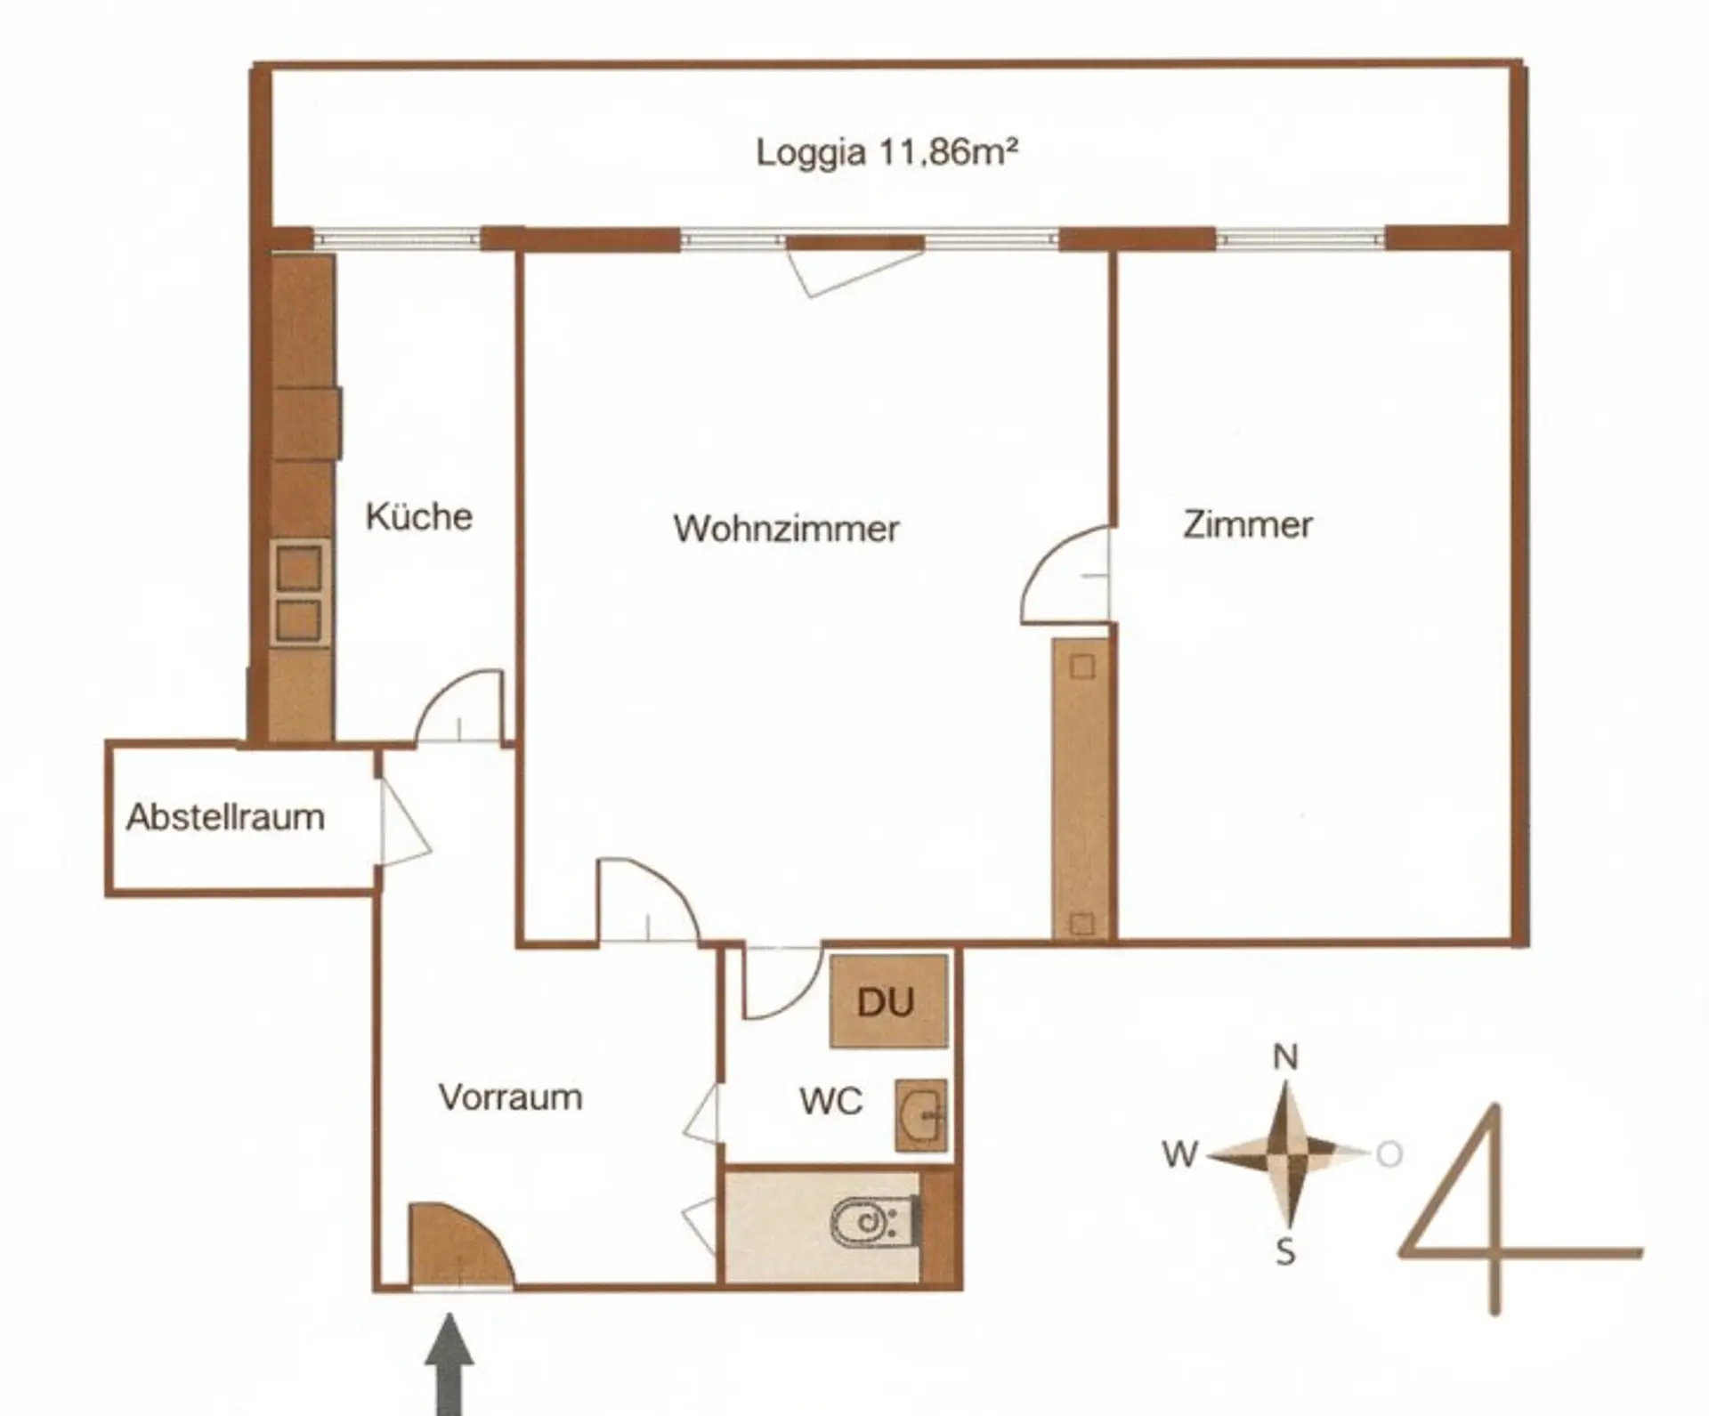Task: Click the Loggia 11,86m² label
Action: coord(887,152)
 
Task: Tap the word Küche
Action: coord(418,516)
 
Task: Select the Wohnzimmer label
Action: coord(786,529)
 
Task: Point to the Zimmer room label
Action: coord(1247,524)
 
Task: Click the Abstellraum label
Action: coord(225,817)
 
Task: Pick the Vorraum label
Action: coord(510,1096)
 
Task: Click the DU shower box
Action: coord(888,1001)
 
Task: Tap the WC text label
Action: coord(830,1101)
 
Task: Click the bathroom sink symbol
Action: coord(920,1115)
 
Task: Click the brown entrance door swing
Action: coord(459,1244)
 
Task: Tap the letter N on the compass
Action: coord(1285,1057)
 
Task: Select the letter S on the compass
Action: coord(1285,1252)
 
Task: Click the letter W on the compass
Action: coord(1179,1154)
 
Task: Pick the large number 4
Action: coord(1518,1210)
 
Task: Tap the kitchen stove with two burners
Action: coord(299,593)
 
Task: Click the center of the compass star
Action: coord(1285,1154)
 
